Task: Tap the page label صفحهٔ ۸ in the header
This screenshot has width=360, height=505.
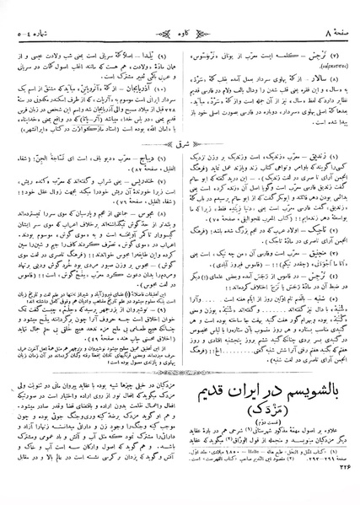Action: [x=331, y=11]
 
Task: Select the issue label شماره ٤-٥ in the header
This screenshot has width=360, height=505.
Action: [x=33, y=11]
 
